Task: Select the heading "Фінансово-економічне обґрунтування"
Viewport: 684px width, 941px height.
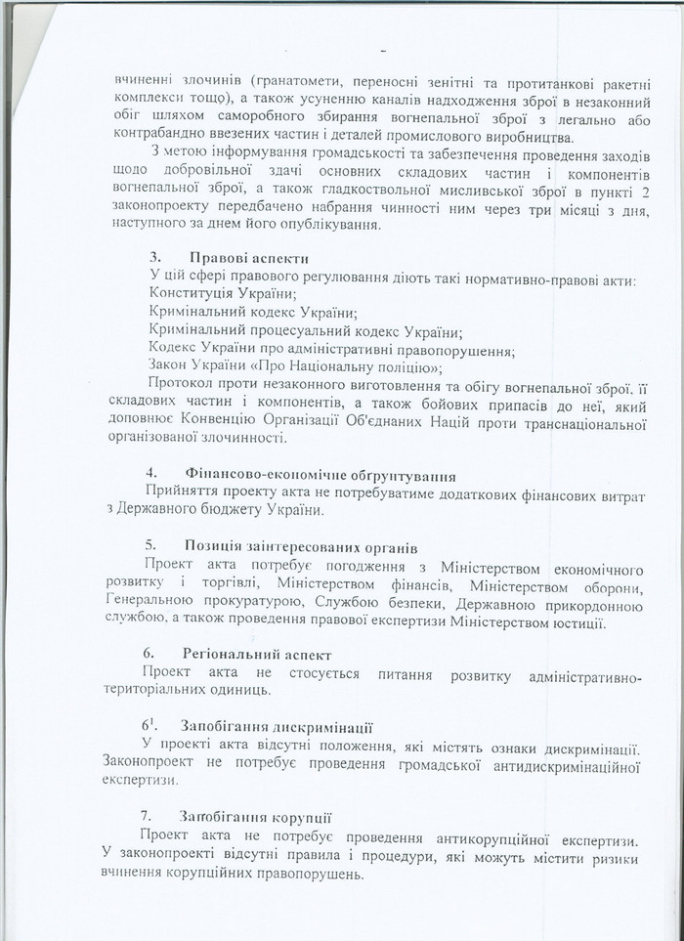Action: coord(320,476)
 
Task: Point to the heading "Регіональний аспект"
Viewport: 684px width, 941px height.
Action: coord(257,653)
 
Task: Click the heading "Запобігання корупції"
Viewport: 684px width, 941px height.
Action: coord(256,817)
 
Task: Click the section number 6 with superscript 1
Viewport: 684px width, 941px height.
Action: coord(149,726)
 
